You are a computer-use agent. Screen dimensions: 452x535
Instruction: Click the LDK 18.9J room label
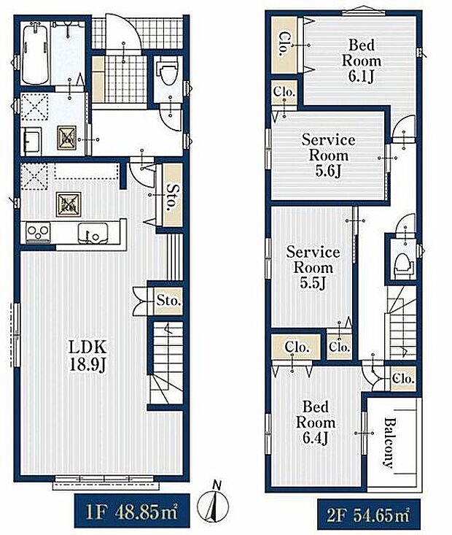point(88,355)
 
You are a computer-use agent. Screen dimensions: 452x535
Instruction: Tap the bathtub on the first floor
point(35,54)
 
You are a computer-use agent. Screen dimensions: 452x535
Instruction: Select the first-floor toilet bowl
point(168,74)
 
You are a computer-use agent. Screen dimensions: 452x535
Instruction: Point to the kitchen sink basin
point(93,233)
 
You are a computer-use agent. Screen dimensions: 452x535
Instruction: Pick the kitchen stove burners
point(38,232)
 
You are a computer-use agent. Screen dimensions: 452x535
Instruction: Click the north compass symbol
point(214,503)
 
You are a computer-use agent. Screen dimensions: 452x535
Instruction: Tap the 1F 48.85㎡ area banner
point(132,511)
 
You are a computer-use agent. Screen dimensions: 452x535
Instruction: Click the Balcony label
point(389,442)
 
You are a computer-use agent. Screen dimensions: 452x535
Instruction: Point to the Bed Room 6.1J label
point(362,61)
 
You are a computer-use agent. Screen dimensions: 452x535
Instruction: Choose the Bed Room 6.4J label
point(316,423)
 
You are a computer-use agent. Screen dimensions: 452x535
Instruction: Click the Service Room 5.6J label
point(328,155)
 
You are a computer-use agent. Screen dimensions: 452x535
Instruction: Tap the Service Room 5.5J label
point(313,267)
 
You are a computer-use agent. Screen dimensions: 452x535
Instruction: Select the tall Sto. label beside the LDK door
point(172,197)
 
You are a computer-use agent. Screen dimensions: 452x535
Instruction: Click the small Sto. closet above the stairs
point(168,301)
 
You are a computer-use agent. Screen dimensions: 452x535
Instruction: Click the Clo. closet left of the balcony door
point(403,378)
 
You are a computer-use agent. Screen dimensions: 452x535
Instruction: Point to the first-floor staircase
point(167,363)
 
